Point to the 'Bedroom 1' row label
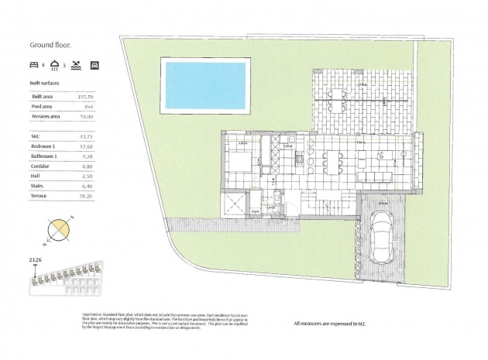[43, 146]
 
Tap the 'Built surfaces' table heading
[44, 82]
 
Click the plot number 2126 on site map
[35, 261]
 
